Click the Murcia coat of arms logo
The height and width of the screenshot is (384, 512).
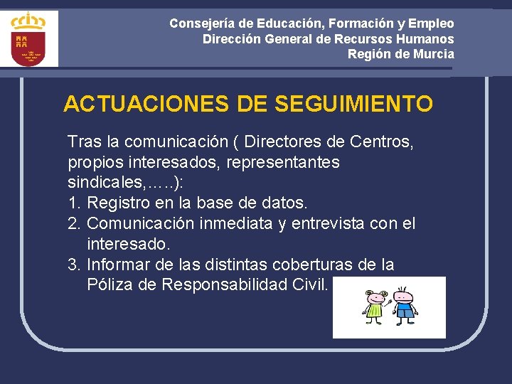click(29, 39)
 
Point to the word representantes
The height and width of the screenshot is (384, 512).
click(283, 162)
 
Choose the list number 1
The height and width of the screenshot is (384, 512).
click(73, 203)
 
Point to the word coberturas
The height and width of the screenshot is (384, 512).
click(304, 265)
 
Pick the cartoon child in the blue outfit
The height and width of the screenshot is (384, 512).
click(405, 305)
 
